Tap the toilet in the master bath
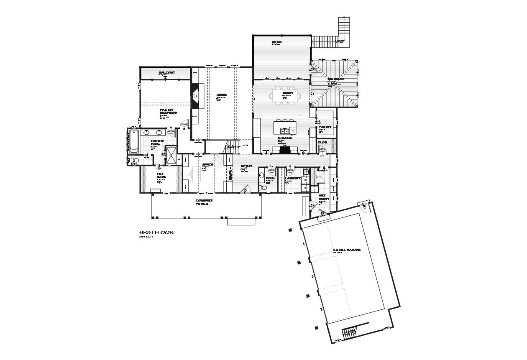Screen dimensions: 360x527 (x=135, y=161)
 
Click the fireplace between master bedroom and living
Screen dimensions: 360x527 (x=195, y=96)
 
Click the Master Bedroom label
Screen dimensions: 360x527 (x=169, y=111)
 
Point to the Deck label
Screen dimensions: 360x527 (x=277, y=42)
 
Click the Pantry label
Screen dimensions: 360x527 (x=325, y=127)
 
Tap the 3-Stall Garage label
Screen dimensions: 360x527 (x=347, y=250)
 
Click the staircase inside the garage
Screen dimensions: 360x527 (x=348, y=333)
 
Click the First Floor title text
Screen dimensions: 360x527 (x=156, y=232)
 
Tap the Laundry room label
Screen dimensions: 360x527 (x=292, y=179)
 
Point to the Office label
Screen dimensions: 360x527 (x=208, y=164)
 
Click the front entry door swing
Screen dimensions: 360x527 (x=246, y=189)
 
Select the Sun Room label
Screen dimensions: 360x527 (x=336, y=79)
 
